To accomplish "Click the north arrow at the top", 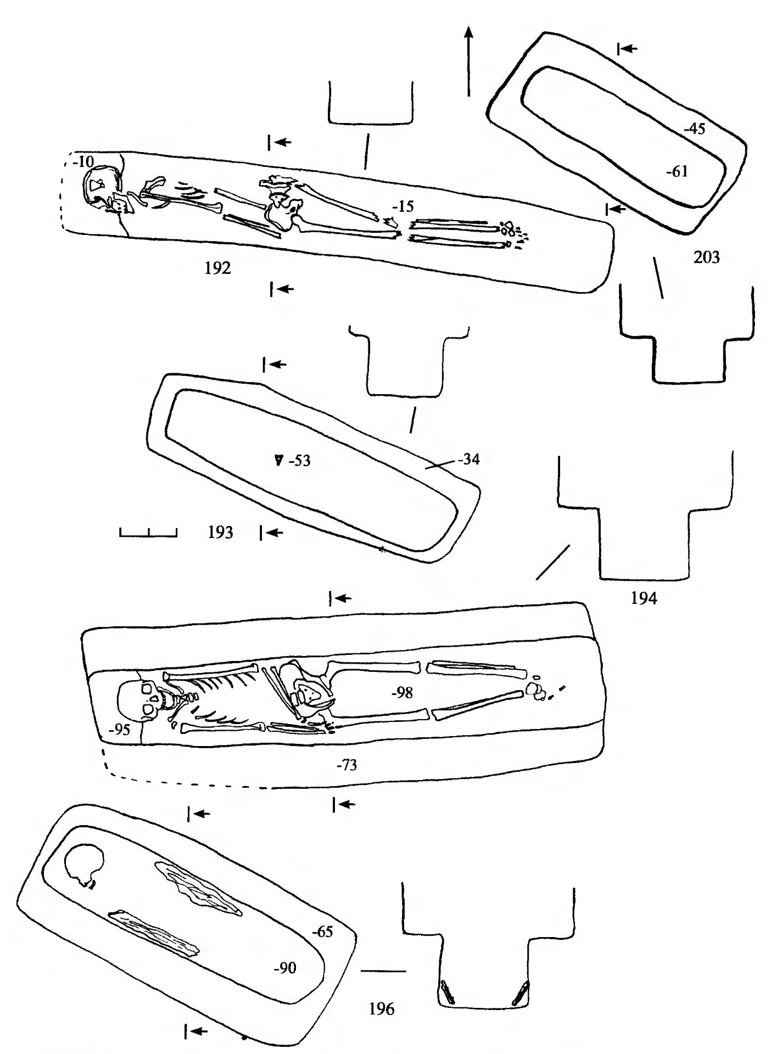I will click(x=468, y=60).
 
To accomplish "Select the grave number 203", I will click(x=706, y=257).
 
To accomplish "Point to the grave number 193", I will click(x=220, y=532).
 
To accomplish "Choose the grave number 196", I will click(x=382, y=1009).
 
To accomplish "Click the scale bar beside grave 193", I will click(x=148, y=532).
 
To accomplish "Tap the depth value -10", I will click(x=83, y=161).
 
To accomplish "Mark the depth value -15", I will click(x=403, y=207).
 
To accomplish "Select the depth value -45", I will click(x=694, y=130).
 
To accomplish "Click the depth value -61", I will click(x=677, y=172).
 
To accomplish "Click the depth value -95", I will click(x=119, y=730).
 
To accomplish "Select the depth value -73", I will click(x=346, y=765).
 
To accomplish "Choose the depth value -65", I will click(x=322, y=932).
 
